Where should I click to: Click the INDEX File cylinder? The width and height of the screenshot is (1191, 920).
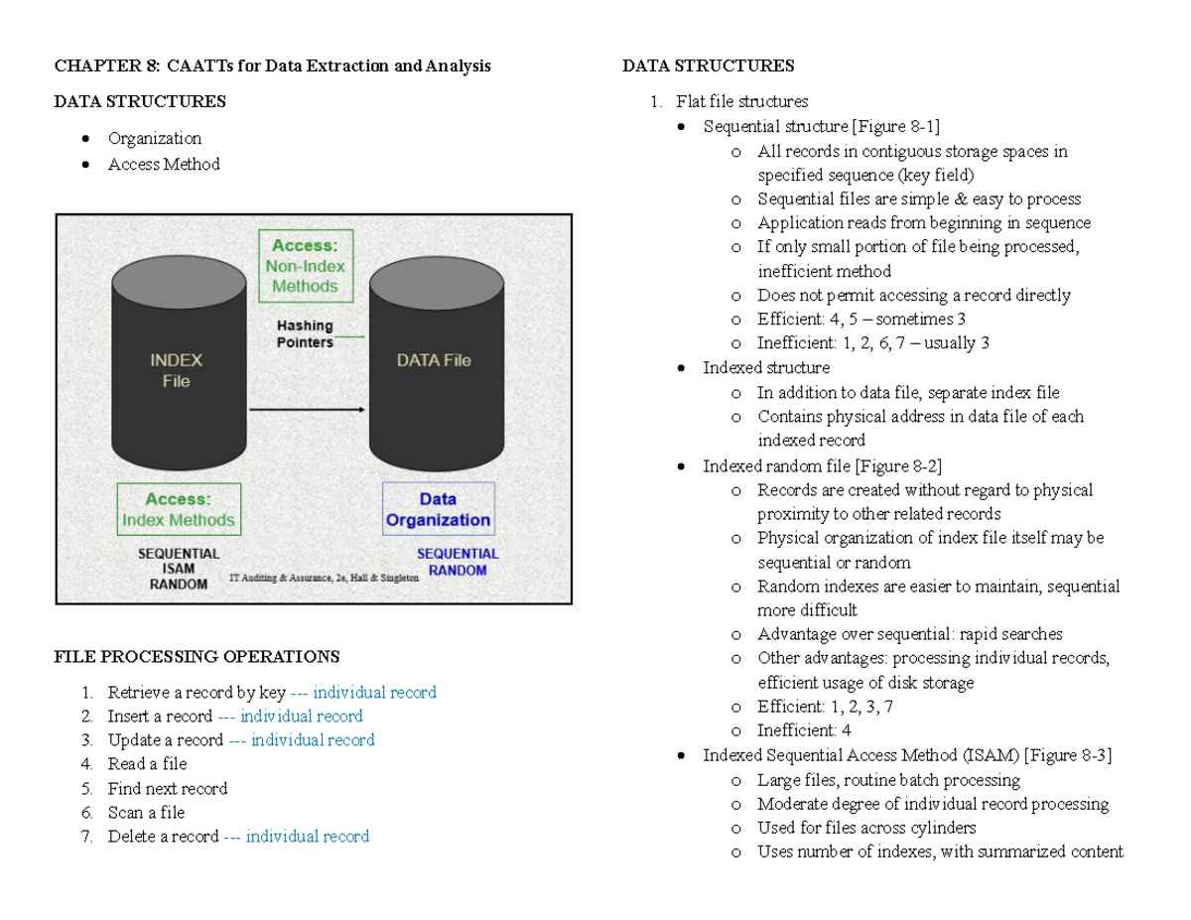180,367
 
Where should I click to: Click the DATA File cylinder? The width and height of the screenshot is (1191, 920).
434,367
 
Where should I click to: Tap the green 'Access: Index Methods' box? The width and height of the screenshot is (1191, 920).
179,509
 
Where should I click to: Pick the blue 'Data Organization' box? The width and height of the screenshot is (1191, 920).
438,509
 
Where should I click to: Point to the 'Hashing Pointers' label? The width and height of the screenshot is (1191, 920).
305,333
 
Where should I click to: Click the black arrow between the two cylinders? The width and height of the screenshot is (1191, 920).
307,408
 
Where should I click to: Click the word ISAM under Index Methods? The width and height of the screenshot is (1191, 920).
179,569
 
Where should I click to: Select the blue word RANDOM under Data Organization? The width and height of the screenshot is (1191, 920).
458,571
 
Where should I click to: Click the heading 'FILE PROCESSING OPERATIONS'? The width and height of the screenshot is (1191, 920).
197,657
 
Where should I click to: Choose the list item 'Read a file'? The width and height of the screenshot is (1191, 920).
147,764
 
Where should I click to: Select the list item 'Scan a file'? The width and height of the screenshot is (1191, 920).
146,813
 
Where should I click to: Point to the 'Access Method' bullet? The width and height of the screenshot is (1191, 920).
164,164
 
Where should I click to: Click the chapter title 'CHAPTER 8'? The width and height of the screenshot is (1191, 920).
105,66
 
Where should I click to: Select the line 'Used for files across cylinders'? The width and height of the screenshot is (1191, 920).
866,828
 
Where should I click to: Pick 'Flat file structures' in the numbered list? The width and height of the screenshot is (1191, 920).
741,101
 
